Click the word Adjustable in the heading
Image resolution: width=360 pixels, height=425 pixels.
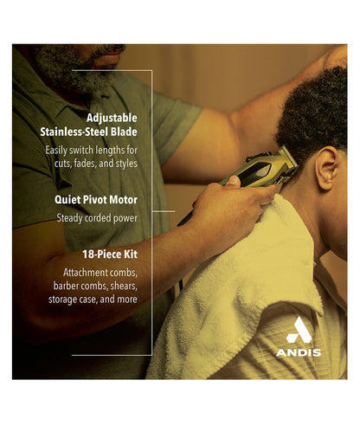(x=112, y=118)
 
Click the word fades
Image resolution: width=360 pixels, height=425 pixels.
(x=85, y=164)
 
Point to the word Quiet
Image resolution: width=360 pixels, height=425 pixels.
(x=67, y=200)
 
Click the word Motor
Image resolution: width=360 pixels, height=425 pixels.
(x=124, y=200)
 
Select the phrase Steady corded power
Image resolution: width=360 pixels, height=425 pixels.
(x=97, y=218)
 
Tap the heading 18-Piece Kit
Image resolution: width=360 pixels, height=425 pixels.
(x=110, y=254)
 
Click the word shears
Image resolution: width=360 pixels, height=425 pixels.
(x=124, y=286)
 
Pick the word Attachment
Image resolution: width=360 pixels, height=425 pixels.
(x=86, y=273)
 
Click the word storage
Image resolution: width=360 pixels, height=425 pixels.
(x=62, y=299)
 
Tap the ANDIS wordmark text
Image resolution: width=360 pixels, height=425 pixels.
(x=299, y=352)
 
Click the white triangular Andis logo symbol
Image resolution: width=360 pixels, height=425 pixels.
(x=299, y=330)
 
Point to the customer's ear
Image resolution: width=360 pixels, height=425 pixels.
(x=327, y=168)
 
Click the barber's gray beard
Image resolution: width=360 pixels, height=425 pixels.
(x=72, y=68)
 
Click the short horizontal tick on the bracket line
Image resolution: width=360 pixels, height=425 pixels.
(x=164, y=211)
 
